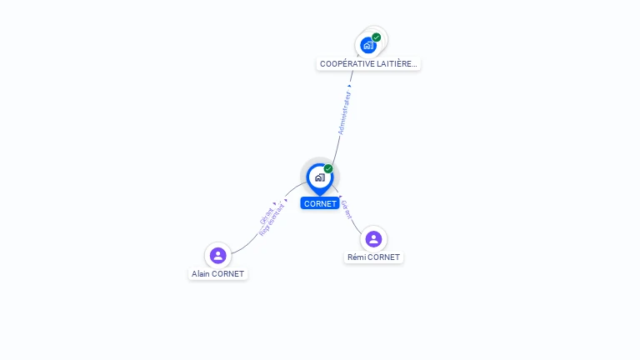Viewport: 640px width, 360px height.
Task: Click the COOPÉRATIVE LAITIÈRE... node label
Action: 368,63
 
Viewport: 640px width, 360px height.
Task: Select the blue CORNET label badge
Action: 320,203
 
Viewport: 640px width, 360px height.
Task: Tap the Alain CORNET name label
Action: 217,273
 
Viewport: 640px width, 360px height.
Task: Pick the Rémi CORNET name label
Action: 373,257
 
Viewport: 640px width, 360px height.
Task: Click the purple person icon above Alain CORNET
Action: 217,255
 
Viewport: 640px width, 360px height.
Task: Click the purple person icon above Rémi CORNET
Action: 373,239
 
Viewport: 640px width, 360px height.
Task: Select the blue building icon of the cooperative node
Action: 367,45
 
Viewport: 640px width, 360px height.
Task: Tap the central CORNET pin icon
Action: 319,177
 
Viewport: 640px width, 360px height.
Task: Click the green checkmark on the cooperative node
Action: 377,37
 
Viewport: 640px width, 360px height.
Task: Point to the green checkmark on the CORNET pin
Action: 328,169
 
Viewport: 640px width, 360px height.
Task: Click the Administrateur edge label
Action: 344,113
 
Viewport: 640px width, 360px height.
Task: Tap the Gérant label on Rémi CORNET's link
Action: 347,210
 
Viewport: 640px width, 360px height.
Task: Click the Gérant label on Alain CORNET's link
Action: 266,214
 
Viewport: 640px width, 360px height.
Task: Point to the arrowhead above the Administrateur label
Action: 349,86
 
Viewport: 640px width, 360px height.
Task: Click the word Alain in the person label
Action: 202,273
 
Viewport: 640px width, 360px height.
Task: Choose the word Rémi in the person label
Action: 357,257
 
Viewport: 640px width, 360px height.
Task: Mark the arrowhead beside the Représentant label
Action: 286,200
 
